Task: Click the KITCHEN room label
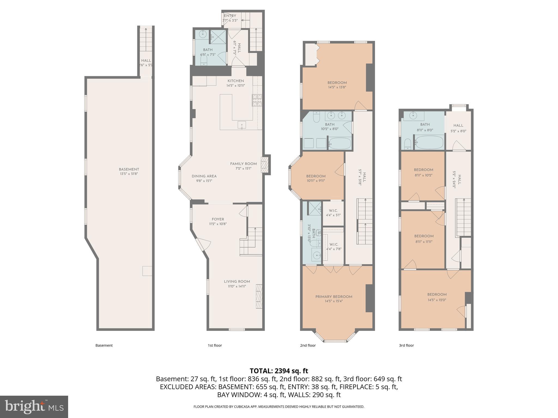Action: tap(236, 81)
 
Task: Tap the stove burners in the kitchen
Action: tap(257, 100)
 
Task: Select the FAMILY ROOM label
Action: tap(243, 164)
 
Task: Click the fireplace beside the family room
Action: tap(265, 165)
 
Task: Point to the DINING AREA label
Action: tap(204, 176)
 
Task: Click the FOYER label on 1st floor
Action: tap(218, 219)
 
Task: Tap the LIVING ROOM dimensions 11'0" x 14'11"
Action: tap(237, 286)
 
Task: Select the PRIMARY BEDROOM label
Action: tap(333, 297)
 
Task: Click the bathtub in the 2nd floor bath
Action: tap(339, 143)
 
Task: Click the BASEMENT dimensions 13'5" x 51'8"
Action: tap(129, 174)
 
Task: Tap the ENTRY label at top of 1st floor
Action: tap(230, 16)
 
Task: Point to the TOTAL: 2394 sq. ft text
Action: tap(279, 371)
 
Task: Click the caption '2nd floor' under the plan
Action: tap(308, 345)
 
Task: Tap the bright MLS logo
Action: tap(34, 407)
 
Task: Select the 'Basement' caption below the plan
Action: tap(104, 345)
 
